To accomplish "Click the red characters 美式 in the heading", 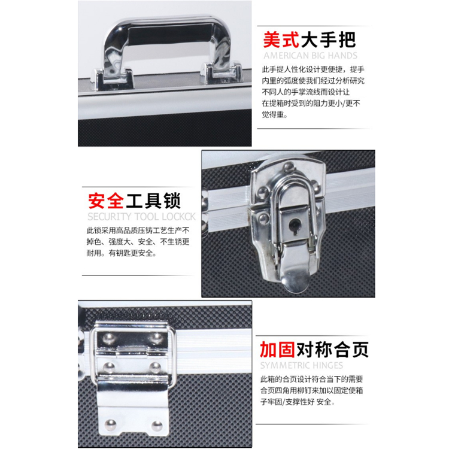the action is coord(281,40).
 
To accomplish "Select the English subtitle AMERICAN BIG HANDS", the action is coord(310,56).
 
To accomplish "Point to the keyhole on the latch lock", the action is coord(295,224).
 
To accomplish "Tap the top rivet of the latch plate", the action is coord(289,167).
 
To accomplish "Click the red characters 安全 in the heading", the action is coord(106,201).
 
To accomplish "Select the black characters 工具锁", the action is coord(153,201).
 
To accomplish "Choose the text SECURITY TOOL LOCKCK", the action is coord(141,217).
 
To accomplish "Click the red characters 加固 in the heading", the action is coord(277,350).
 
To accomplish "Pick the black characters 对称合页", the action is coord(332,350).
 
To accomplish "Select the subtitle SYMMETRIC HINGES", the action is coord(302,365).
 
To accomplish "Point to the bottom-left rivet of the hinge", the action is coord(111,424).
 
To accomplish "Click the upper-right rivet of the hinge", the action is coord(157,338).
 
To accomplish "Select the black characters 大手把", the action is coord(329,40).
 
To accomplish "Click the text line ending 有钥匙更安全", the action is coord(122,253).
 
